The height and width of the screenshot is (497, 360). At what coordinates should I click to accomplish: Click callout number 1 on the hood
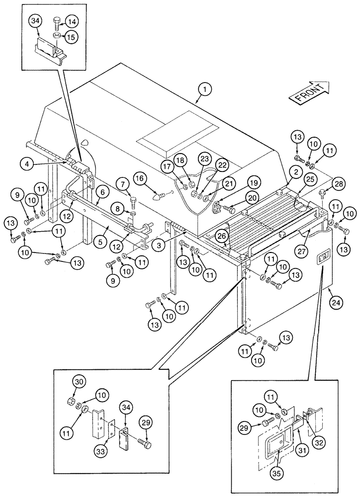pos(204,90)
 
